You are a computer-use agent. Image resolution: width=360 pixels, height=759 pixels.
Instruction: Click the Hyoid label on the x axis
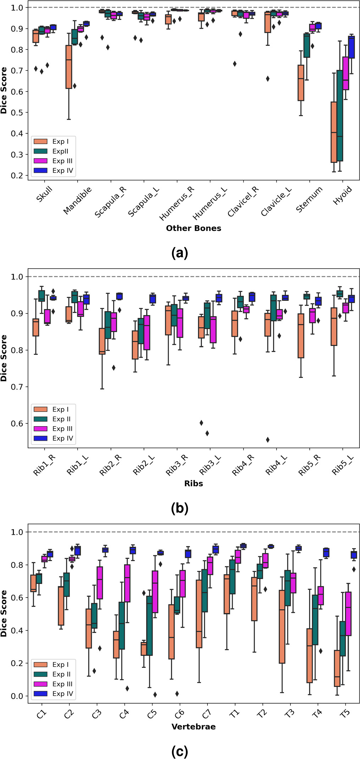[343, 195]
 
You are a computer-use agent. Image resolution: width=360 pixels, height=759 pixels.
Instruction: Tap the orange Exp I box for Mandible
[69, 67]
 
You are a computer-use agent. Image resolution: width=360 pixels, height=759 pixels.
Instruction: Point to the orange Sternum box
[301, 83]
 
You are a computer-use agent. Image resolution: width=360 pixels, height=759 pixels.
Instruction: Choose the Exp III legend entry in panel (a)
[54, 161]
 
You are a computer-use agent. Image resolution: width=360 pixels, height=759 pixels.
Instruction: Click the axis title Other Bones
[193, 228]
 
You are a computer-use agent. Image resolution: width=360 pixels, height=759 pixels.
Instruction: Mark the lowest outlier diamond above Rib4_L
[268, 440]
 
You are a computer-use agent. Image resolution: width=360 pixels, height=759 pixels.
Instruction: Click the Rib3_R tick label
[177, 465]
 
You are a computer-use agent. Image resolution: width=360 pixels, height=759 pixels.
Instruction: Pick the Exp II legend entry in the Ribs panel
[54, 419]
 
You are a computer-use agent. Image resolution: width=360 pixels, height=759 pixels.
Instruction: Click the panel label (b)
[179, 508]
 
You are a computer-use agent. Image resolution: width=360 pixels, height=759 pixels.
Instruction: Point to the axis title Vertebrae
[193, 727]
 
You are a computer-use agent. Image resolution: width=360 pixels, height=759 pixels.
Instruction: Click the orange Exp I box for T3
[282, 627]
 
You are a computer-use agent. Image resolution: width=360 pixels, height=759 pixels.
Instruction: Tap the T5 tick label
[344, 714]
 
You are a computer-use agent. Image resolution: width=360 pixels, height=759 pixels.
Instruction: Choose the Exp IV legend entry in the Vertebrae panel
[54, 693]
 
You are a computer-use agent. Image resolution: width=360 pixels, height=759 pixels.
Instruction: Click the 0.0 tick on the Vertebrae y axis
[17, 696]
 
